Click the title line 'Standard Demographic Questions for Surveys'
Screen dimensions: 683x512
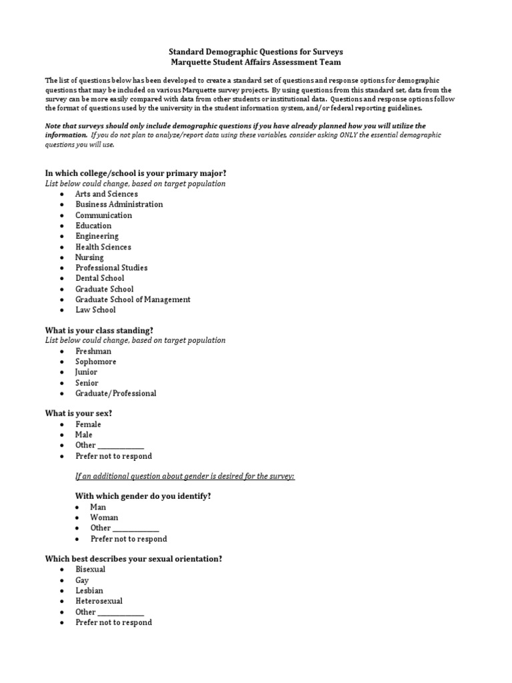tap(255, 51)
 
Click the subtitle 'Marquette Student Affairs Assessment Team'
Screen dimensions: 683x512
tap(255, 62)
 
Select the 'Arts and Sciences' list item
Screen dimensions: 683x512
tap(107, 194)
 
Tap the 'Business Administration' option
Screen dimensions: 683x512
tap(119, 205)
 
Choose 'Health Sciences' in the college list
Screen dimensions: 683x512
tap(103, 247)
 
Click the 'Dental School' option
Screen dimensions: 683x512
tap(99, 278)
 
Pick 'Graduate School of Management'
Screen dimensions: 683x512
tap(133, 299)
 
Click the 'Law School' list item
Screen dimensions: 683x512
tap(95, 310)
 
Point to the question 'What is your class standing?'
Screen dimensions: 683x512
tap(99, 330)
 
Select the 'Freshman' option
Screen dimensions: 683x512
tap(93, 352)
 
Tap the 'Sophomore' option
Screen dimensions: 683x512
tap(95, 362)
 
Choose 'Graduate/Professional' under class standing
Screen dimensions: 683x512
tap(116, 394)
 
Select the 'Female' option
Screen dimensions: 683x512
tap(88, 424)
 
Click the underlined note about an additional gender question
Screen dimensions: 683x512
tap(185, 476)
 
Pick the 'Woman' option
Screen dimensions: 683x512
tap(104, 518)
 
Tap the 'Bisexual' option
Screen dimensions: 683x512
tap(90, 570)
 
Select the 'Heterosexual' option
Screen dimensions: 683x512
tap(99, 601)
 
